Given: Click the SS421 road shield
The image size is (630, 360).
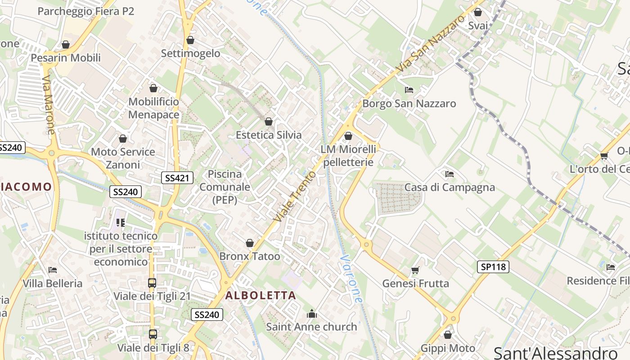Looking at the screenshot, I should click(177, 178).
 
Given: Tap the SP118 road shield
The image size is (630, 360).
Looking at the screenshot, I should click(493, 267).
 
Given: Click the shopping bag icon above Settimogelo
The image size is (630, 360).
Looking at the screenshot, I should click(190, 40).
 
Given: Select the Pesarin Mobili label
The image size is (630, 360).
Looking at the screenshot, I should click(66, 58).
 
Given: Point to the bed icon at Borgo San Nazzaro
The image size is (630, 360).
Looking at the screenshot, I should click(409, 90).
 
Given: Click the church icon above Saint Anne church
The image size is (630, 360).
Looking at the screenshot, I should click(311, 314).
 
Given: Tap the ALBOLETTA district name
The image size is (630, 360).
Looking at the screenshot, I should click(261, 296).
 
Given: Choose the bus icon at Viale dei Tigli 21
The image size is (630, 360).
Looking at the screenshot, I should click(152, 283).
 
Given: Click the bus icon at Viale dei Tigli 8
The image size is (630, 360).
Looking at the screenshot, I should click(153, 334).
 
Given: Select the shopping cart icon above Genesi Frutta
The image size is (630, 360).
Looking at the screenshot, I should click(415, 270).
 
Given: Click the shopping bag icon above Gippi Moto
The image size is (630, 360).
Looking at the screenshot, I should click(447, 335).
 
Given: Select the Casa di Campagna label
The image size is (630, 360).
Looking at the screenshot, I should click(450, 187).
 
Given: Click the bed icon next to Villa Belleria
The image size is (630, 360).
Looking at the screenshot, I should click(53, 270).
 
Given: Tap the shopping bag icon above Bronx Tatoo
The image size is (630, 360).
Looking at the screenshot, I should click(250, 243).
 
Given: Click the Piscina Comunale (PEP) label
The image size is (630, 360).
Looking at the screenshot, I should click(225, 187).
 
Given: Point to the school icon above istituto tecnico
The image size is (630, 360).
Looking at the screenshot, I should click(121, 222).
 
